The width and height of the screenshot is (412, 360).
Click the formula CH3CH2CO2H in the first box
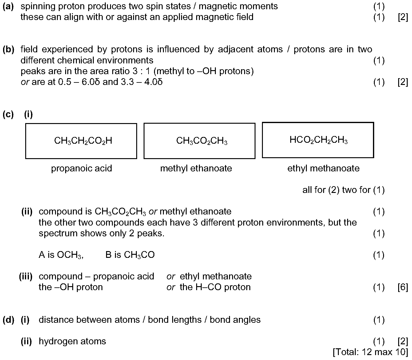pyautogui.click(x=83, y=141)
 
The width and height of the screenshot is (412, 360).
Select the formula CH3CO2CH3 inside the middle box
pyautogui.click(x=202, y=141)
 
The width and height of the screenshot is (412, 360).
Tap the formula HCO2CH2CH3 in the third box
pyautogui.click(x=319, y=140)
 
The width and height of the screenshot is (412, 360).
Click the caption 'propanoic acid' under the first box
pyautogui.click(x=81, y=168)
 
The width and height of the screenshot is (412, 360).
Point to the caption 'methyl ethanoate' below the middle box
pyautogui.click(x=196, y=168)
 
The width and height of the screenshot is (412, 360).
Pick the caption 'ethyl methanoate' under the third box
pyautogui.click(x=323, y=168)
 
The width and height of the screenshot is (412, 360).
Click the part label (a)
pyautogui.click(x=8, y=6)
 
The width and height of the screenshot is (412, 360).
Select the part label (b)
pyautogui.click(x=9, y=50)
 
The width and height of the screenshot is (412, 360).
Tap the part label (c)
pyautogui.click(x=8, y=114)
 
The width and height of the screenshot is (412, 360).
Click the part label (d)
pyautogui.click(x=9, y=320)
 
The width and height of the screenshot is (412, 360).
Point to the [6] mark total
pyautogui.click(x=403, y=287)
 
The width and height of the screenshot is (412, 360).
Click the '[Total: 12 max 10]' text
pyautogui.click(x=370, y=352)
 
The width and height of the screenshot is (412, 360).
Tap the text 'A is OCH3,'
pyautogui.click(x=61, y=255)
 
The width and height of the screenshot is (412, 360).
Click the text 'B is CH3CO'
pyautogui.click(x=130, y=255)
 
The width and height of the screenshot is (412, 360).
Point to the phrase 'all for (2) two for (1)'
pyautogui.click(x=343, y=190)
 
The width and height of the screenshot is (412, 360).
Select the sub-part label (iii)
pyautogui.click(x=26, y=277)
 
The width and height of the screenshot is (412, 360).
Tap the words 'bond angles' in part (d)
pyautogui.click(x=235, y=320)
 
